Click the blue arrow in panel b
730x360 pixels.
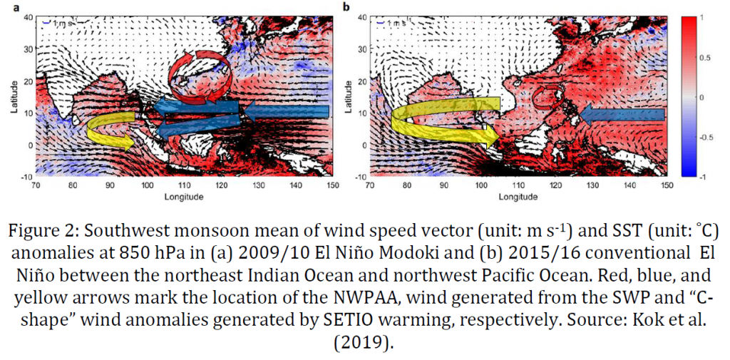pos(621,114)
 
